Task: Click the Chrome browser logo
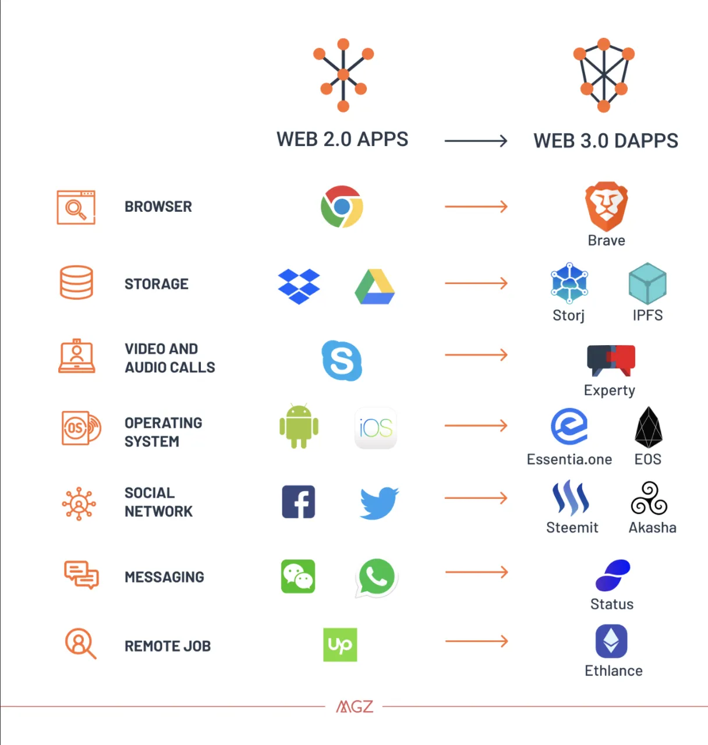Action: click(342, 207)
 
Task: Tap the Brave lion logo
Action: click(606, 207)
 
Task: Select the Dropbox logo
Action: click(299, 286)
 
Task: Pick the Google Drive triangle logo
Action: click(374, 286)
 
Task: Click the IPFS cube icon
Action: click(647, 283)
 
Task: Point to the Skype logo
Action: click(342, 360)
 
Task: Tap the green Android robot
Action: click(299, 426)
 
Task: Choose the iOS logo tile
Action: click(376, 428)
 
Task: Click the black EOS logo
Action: click(648, 427)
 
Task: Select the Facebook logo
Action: click(299, 501)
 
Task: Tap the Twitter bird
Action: click(379, 503)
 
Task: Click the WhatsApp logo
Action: click(376, 577)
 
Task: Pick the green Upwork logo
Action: click(340, 644)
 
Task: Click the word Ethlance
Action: click(613, 670)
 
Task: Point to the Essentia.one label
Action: click(569, 459)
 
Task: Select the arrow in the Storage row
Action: click(476, 283)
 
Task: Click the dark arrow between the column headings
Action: click(476, 141)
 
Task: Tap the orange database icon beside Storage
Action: click(76, 282)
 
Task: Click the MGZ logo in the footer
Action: click(354, 707)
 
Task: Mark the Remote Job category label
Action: click(168, 646)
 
